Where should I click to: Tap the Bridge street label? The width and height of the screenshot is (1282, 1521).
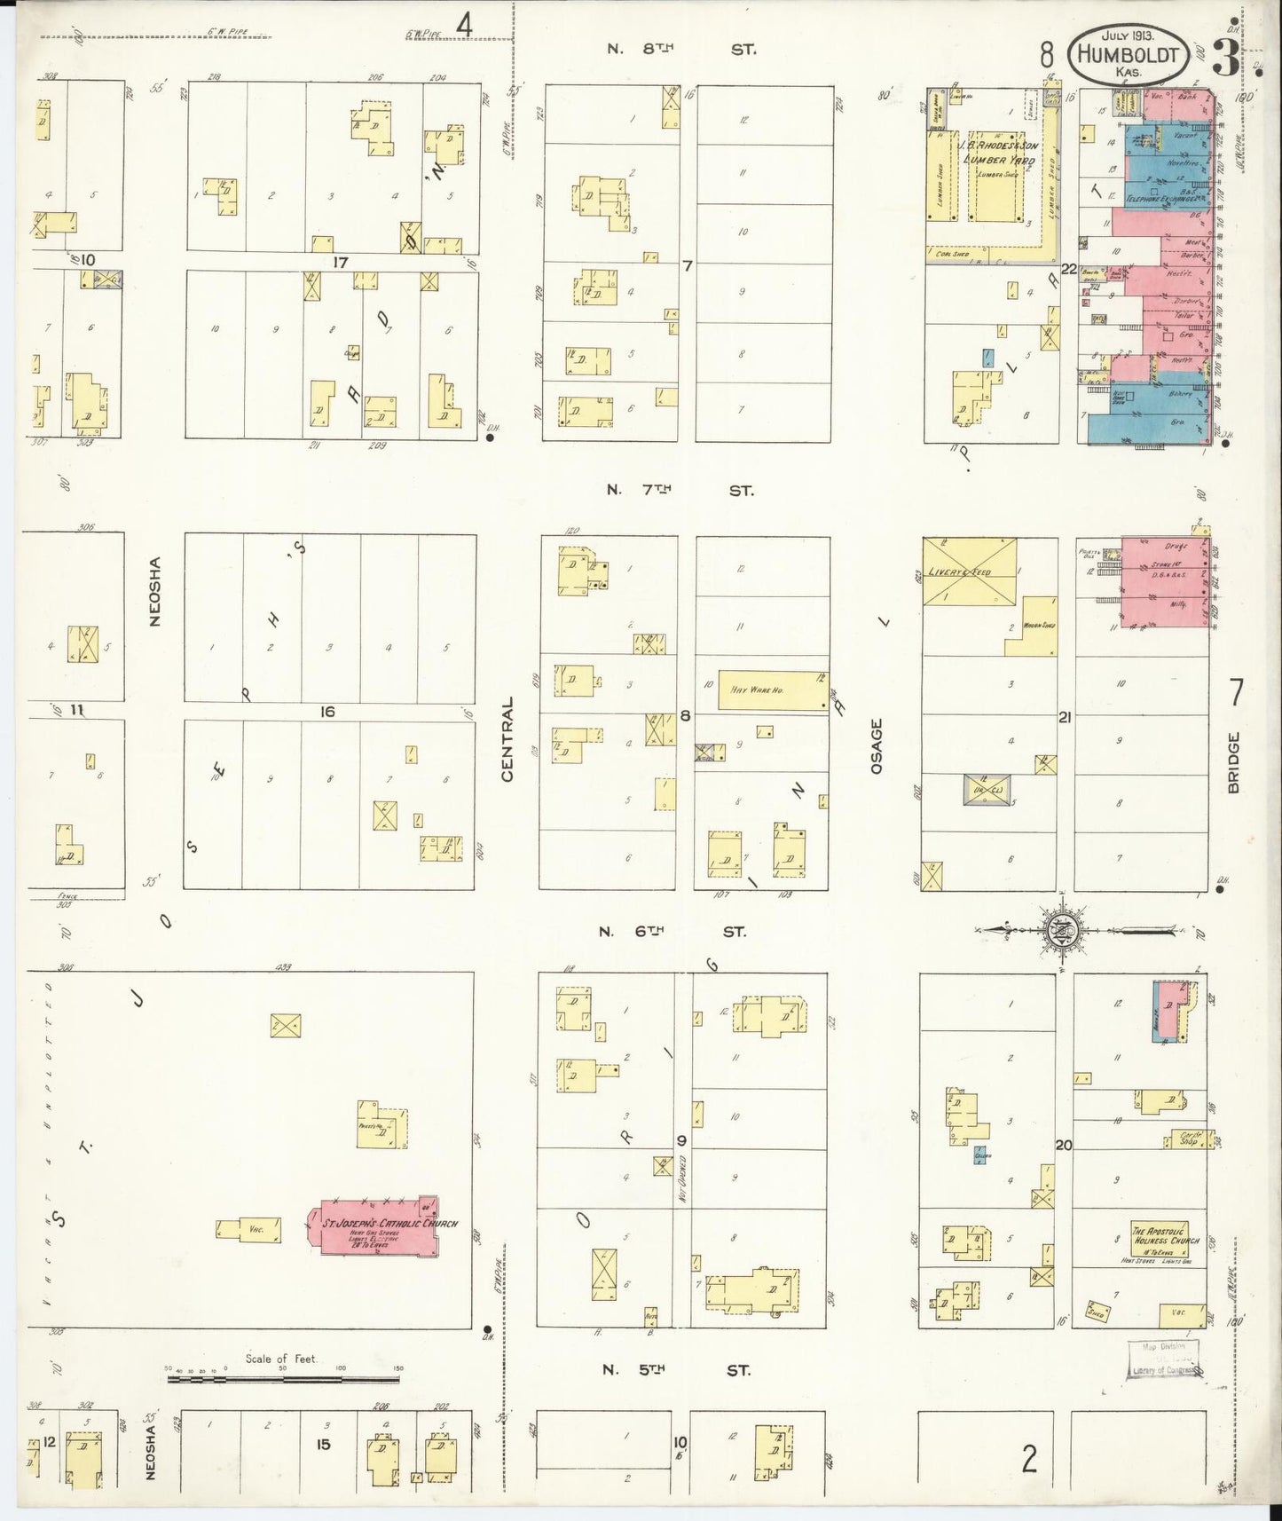(1234, 762)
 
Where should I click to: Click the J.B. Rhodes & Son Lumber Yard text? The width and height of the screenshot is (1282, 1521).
(996, 152)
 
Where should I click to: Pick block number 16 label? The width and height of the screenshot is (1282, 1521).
(327, 711)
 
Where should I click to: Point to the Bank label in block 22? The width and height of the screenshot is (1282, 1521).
(1187, 96)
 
